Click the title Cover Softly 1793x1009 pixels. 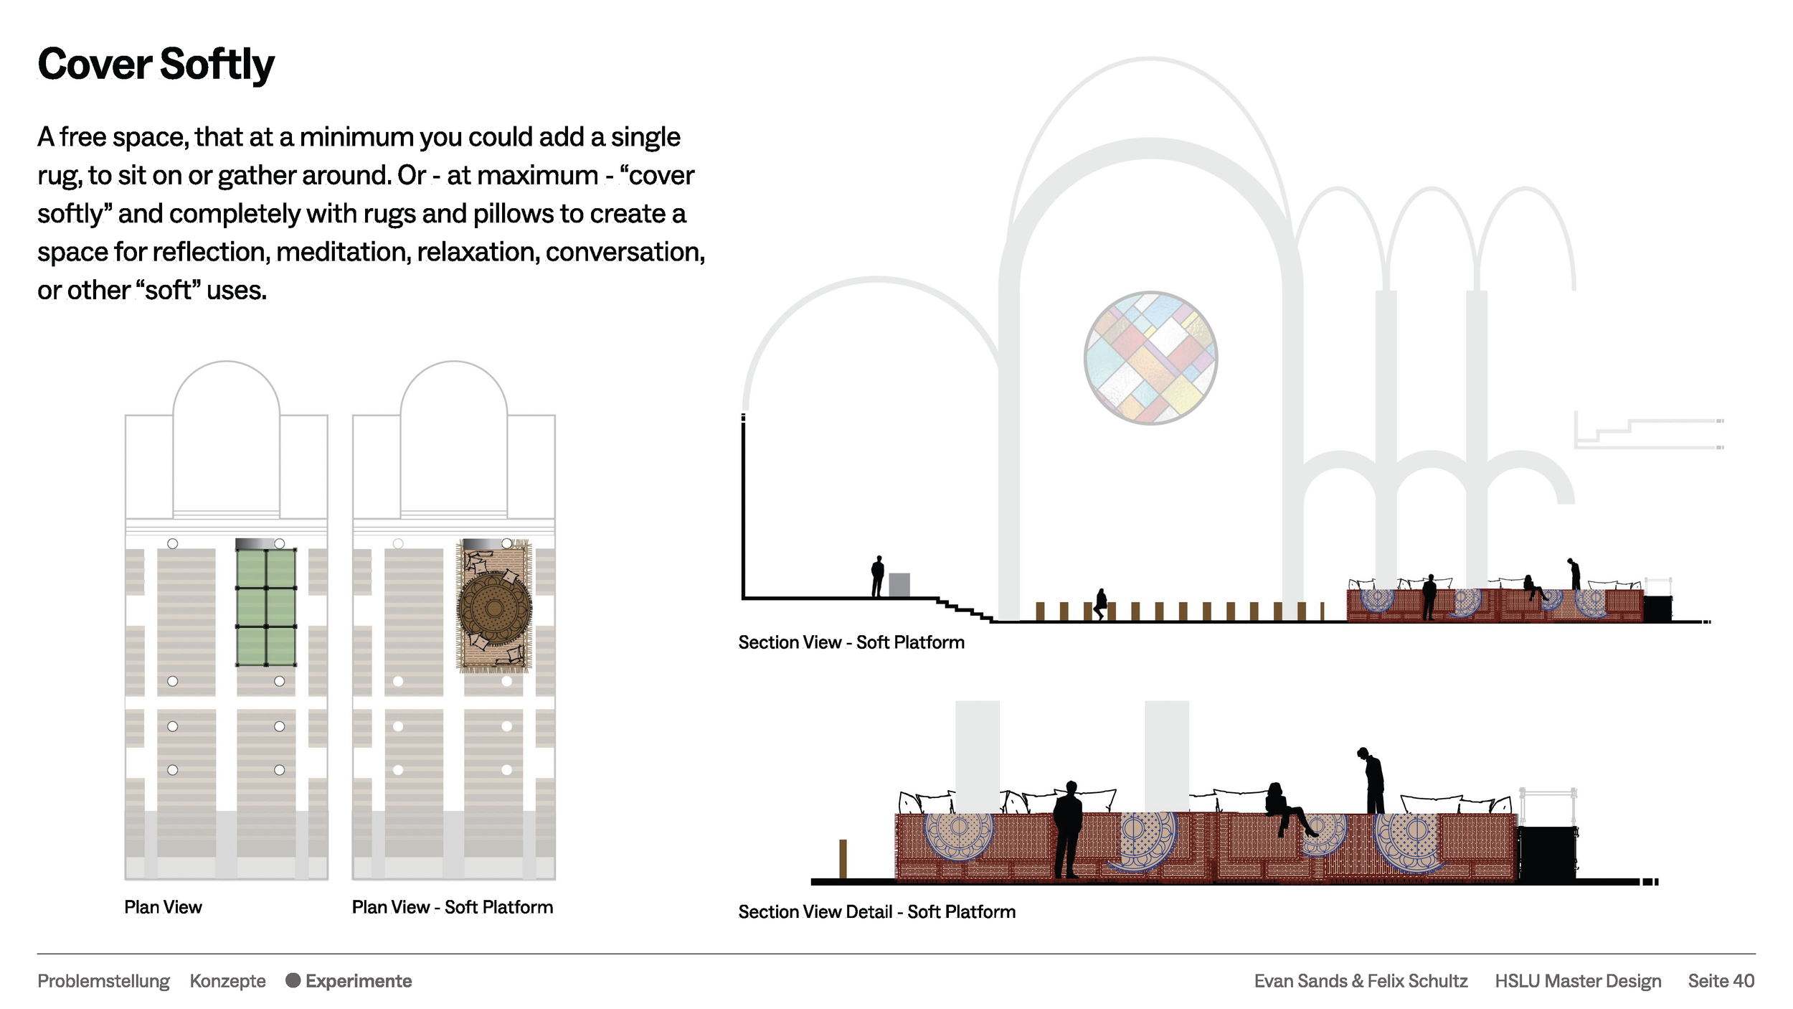(x=156, y=65)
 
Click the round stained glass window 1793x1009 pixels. (x=1150, y=357)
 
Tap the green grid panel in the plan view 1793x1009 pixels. (x=266, y=607)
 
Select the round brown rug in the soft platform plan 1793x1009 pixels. (x=495, y=609)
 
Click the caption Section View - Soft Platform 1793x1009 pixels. (x=851, y=642)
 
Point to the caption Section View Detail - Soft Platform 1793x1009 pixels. (x=877, y=911)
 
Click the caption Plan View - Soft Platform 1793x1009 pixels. (x=453, y=907)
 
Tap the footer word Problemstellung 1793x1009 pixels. (x=103, y=981)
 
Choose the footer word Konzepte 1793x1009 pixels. (x=227, y=981)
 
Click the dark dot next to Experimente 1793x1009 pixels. (x=293, y=980)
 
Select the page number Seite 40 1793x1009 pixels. (x=1721, y=981)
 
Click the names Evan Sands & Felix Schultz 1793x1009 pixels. (x=1361, y=981)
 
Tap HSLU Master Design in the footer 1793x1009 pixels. (x=1578, y=981)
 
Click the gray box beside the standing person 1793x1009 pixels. (x=899, y=585)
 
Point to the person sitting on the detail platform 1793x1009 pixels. (x=1287, y=809)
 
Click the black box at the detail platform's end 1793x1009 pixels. (x=1547, y=853)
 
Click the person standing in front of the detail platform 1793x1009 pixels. (x=1068, y=829)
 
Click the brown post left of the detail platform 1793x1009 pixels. (x=843, y=859)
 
